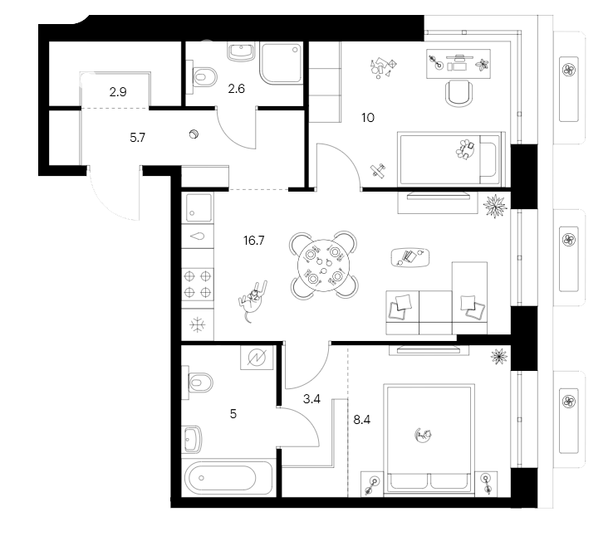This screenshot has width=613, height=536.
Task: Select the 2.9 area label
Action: pyautogui.click(x=119, y=92)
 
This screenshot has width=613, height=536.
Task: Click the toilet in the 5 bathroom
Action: pyautogui.click(x=199, y=383)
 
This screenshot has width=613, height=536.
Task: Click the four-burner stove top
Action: pyautogui.click(x=198, y=283)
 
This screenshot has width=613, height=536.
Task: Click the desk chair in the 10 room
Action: pyautogui.click(x=459, y=92)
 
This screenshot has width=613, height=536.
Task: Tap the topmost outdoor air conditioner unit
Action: pyautogui.click(x=569, y=69)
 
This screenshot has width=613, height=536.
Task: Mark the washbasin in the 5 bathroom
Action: pyautogui.click(x=194, y=436)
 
